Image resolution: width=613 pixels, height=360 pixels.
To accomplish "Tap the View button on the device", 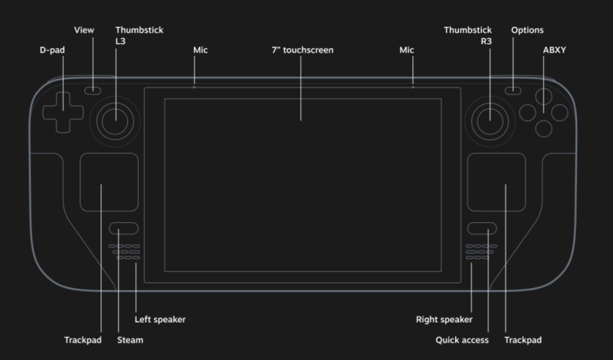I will click(x=93, y=90).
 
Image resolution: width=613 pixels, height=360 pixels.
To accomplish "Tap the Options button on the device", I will click(x=513, y=90).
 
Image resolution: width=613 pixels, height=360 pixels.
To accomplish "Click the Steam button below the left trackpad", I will click(x=123, y=228).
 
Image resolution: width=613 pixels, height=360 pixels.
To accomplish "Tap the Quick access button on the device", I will click(x=482, y=228).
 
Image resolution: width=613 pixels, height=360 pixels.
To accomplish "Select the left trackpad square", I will click(x=110, y=182).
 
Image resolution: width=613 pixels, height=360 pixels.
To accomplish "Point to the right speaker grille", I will click(x=479, y=252).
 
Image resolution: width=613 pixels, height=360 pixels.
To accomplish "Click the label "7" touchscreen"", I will click(x=302, y=50).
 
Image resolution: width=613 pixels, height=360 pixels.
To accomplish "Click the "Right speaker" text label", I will click(x=444, y=319).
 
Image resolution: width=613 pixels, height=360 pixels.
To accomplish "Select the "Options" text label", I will click(x=527, y=30).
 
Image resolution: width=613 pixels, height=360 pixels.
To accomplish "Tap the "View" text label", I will click(x=84, y=30).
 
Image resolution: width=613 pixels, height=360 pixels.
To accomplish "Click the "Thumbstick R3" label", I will click(x=467, y=37).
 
